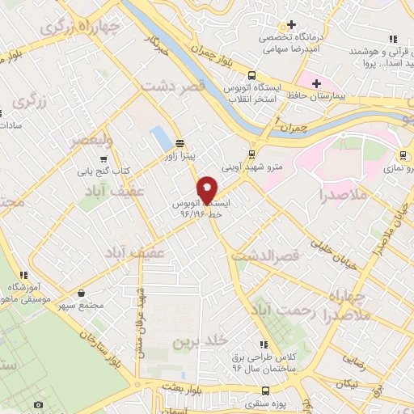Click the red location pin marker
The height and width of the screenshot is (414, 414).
coord(208,190)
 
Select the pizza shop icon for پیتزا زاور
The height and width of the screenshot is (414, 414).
coord(178,139)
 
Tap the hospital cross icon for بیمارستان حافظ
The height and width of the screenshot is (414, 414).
coord(317,83)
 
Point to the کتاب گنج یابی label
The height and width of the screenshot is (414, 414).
coord(110,171)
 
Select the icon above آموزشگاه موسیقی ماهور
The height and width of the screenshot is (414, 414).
coord(24,275)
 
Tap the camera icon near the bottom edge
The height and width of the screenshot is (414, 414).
coord(38,404)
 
